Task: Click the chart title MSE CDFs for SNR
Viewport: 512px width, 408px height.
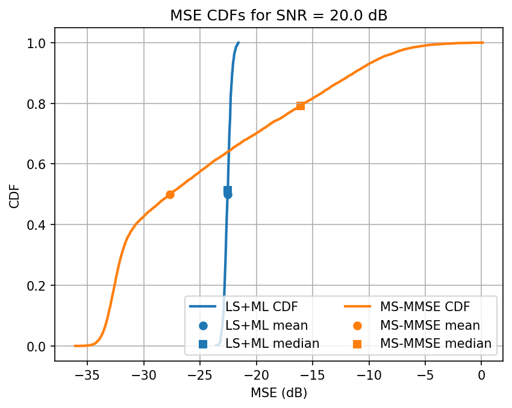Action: point(278,16)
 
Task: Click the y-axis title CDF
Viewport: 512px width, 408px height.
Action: point(14,194)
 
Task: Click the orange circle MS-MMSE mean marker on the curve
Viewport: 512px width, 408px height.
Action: point(170,194)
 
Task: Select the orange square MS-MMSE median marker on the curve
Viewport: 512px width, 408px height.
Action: point(300,106)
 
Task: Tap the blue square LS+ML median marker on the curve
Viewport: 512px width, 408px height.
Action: point(228,190)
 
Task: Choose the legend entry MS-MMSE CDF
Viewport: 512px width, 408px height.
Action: point(425,306)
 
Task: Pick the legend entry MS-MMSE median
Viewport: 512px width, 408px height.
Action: point(436,344)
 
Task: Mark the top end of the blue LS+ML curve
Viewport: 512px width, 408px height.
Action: point(239,43)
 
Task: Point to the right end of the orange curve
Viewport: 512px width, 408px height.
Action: point(482,43)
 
